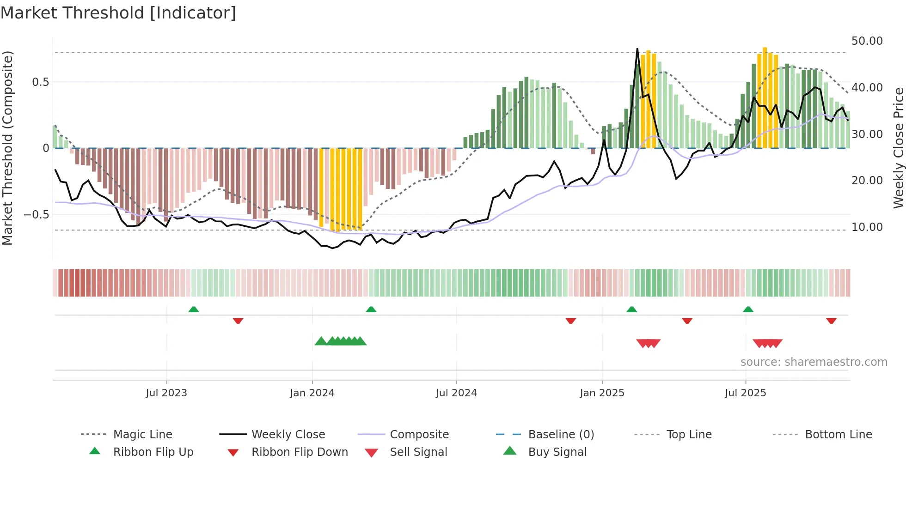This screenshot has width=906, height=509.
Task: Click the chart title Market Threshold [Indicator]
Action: (118, 13)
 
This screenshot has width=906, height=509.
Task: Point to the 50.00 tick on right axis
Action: (867, 41)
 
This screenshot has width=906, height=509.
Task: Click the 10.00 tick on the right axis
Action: (867, 227)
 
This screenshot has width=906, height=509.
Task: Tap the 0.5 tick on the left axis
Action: (40, 82)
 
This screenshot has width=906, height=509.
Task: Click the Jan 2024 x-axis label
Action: (312, 393)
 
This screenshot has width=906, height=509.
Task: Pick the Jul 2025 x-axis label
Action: (745, 393)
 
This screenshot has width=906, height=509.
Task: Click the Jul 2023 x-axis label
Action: (166, 393)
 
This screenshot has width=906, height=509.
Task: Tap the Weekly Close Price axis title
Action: (898, 148)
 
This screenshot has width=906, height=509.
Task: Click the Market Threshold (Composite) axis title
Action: (7, 148)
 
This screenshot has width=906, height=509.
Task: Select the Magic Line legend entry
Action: (142, 435)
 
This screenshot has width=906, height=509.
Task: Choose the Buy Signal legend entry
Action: (557, 452)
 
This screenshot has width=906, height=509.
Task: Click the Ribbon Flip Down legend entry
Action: (299, 452)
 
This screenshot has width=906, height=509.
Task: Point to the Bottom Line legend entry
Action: (838, 435)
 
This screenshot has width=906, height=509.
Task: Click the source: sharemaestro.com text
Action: (814, 362)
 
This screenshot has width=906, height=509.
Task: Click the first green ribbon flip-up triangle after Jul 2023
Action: (194, 309)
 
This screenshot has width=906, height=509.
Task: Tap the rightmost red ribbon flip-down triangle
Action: (831, 321)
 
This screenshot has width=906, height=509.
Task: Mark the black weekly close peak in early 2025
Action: (637, 49)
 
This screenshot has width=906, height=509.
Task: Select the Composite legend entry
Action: (419, 435)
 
